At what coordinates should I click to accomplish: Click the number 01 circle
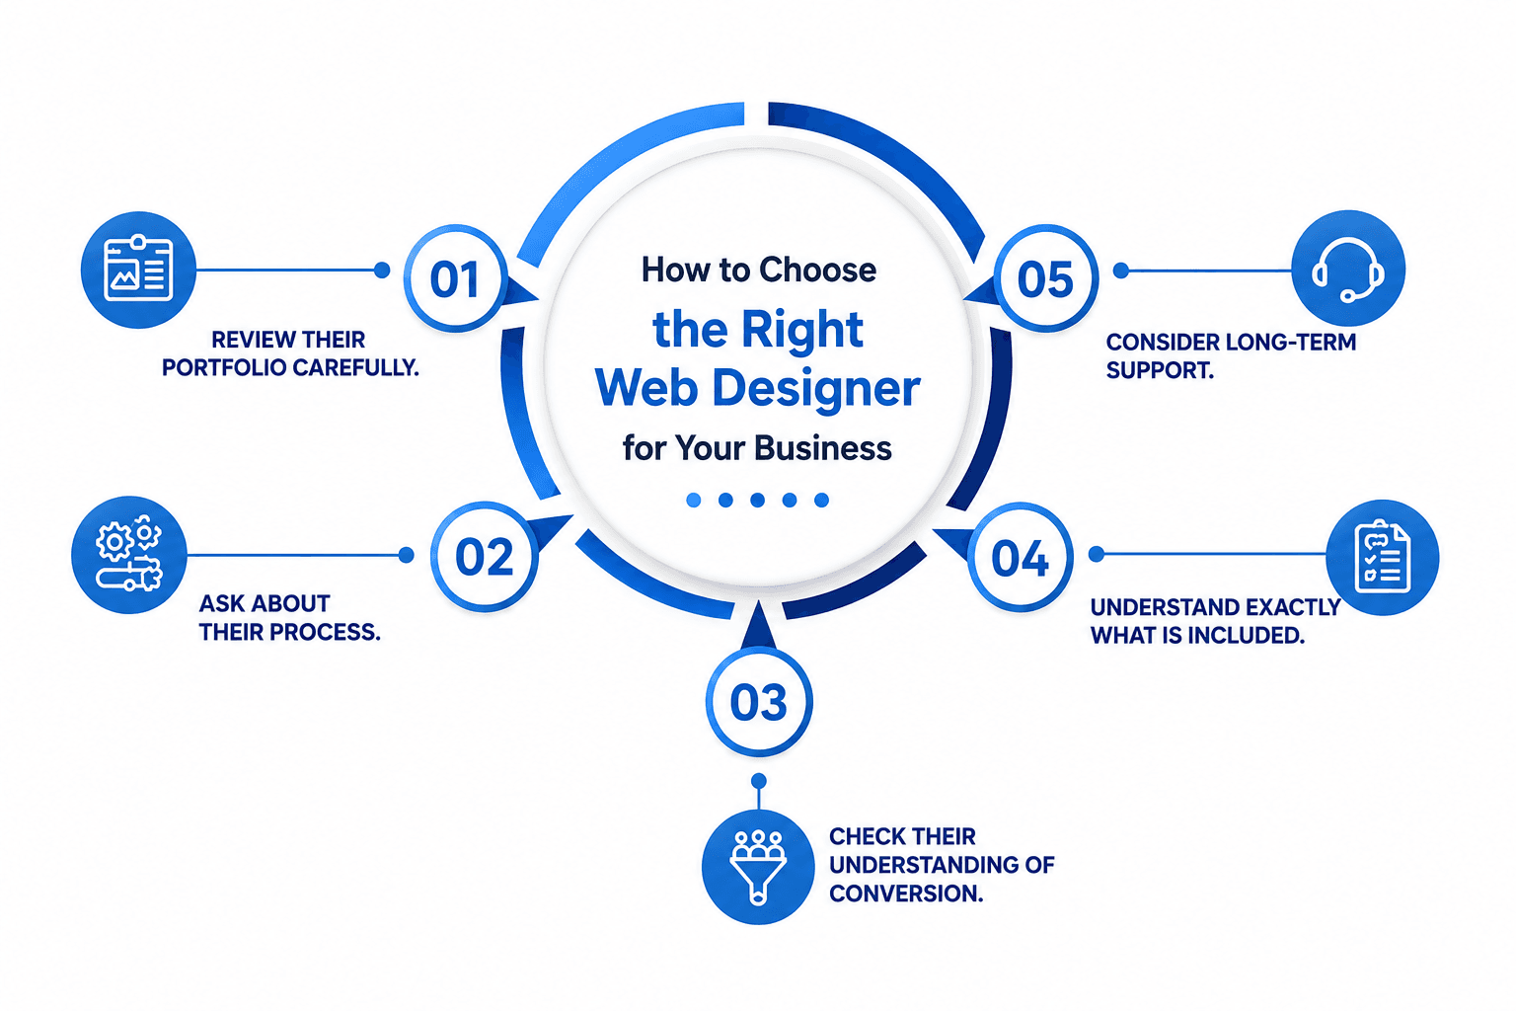(x=455, y=278)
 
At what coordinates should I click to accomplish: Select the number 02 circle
(x=485, y=557)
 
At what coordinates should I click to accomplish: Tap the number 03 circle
(x=759, y=702)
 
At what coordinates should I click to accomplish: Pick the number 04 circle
(x=1020, y=557)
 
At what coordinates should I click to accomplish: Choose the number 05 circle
(x=1045, y=278)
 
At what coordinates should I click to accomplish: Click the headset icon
(x=1348, y=269)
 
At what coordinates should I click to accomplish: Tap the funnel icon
(x=758, y=867)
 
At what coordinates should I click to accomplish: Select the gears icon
(x=129, y=555)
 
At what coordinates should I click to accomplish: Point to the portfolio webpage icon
(x=138, y=270)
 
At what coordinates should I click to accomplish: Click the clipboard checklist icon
(x=1382, y=557)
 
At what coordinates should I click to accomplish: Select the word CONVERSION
(x=906, y=894)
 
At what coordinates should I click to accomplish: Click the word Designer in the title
(x=817, y=389)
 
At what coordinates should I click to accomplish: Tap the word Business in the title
(x=823, y=447)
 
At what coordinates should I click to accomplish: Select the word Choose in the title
(x=817, y=270)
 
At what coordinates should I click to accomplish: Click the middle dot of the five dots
(x=757, y=500)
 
